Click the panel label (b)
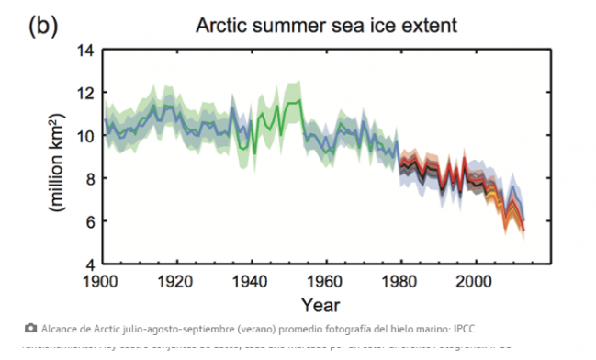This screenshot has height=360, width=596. (42, 26)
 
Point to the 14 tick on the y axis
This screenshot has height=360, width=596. (84, 50)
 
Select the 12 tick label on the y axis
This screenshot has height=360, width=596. (84, 93)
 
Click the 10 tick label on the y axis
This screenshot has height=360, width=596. (84, 136)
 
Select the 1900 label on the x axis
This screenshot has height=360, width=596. (105, 282)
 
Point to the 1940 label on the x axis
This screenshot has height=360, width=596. (251, 282)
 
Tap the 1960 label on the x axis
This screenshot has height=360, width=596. (325, 282)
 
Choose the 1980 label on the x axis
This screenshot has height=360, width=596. (399, 282)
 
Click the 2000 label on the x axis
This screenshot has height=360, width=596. (474, 282)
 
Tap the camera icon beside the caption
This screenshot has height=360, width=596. (31, 327)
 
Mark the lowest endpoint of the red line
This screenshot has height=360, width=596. (523, 230)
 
